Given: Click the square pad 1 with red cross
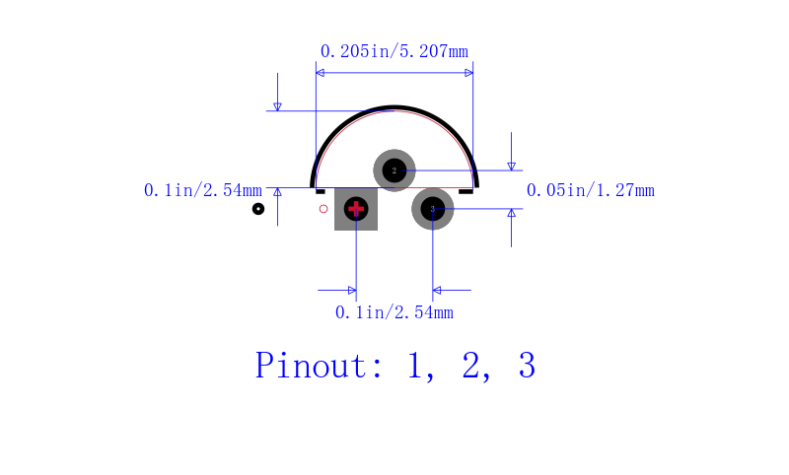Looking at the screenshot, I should (x=356, y=209).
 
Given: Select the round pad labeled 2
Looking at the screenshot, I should (x=394, y=170).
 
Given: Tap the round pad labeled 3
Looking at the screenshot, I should (x=432, y=209).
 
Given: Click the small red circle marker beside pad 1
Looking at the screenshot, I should (x=323, y=209).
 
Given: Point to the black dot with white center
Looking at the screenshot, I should (x=258, y=209).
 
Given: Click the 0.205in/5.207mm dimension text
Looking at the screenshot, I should (x=394, y=51).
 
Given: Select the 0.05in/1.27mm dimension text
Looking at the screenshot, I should (x=590, y=190).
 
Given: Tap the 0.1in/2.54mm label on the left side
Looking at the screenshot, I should (x=203, y=190).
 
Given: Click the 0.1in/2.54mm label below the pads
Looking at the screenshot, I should (x=394, y=312).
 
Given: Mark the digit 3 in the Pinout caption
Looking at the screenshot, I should (x=527, y=366).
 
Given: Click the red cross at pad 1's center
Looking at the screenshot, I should (x=356, y=209).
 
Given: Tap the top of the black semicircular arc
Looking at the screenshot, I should (x=394, y=107).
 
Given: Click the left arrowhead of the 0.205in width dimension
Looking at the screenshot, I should (x=320, y=72).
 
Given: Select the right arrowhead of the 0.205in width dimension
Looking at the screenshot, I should (x=468, y=72).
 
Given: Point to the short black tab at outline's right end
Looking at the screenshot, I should (x=466, y=191).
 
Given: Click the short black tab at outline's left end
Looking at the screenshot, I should (x=321, y=191).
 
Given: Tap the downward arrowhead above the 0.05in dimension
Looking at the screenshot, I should (x=511, y=166).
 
